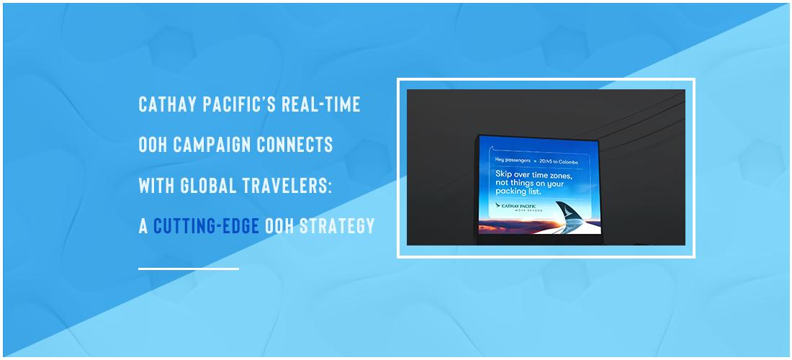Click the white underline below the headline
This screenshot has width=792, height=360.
coord(189,269)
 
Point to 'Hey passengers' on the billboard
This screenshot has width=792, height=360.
coord(513,161)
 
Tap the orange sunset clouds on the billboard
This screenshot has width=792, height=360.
coord(510,226)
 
